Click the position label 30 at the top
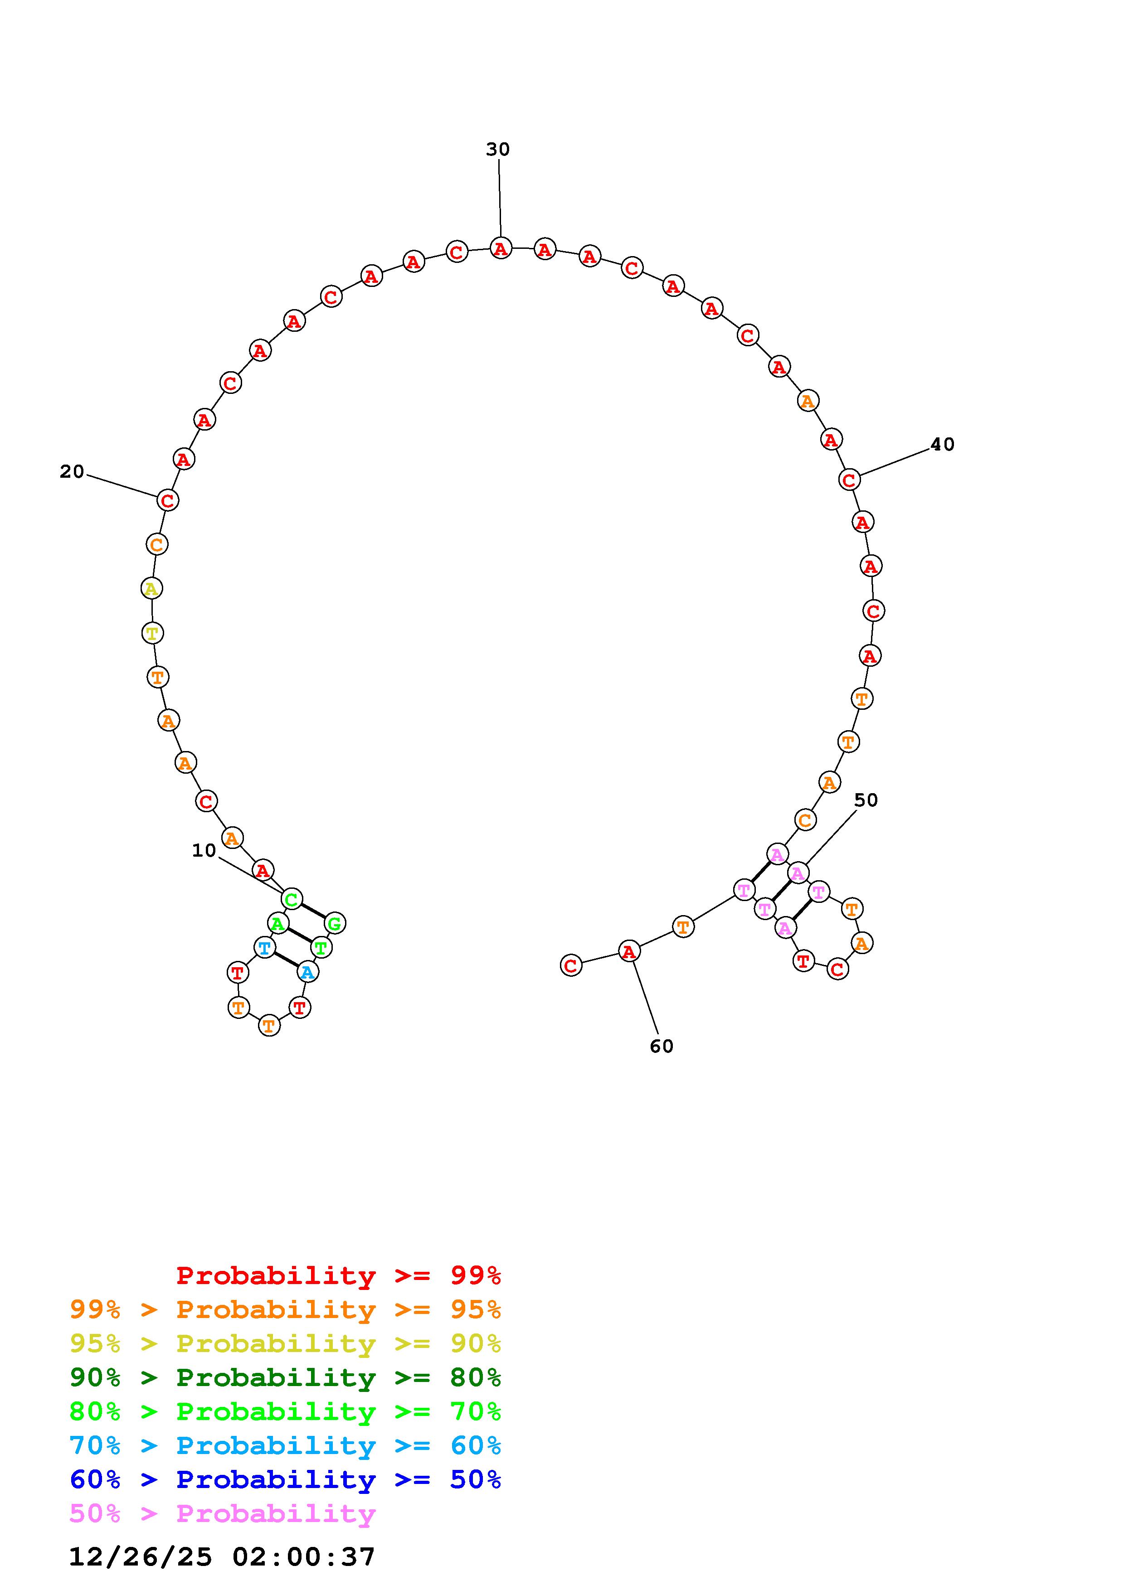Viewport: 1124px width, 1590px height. [x=498, y=150]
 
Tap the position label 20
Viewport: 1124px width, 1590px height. [x=72, y=471]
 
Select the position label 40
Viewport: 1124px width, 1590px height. [x=942, y=445]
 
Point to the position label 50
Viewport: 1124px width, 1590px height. [x=866, y=800]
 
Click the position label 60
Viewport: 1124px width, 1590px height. [x=662, y=1047]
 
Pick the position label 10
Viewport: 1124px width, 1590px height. [x=204, y=850]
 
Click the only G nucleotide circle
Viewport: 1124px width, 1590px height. [x=335, y=923]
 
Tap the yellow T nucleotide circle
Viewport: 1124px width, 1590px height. [x=152, y=632]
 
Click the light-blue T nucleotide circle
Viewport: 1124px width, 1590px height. [x=264, y=947]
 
